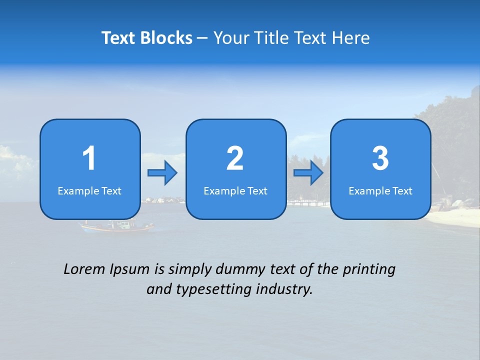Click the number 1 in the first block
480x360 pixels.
(89, 159)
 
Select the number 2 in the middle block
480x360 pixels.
(235, 159)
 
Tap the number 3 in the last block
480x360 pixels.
(380, 159)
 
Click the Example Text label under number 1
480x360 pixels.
(89, 191)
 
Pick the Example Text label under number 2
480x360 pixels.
(235, 191)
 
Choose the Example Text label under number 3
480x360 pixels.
(380, 191)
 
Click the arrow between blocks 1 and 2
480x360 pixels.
(162, 173)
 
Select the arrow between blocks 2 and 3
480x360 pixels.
(308, 173)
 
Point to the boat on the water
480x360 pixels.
(118, 226)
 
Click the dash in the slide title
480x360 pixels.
(203, 38)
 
